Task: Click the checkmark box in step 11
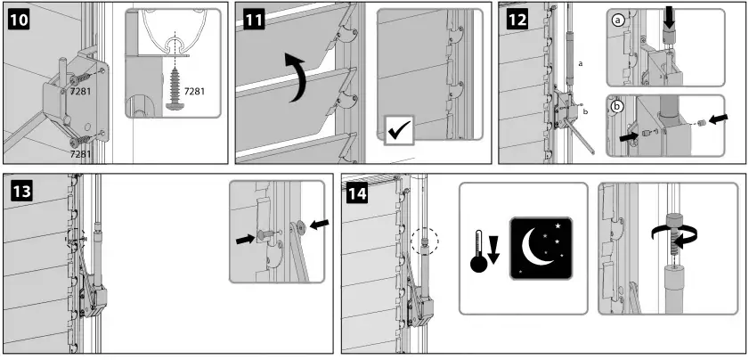397,130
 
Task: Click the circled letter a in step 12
618,20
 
